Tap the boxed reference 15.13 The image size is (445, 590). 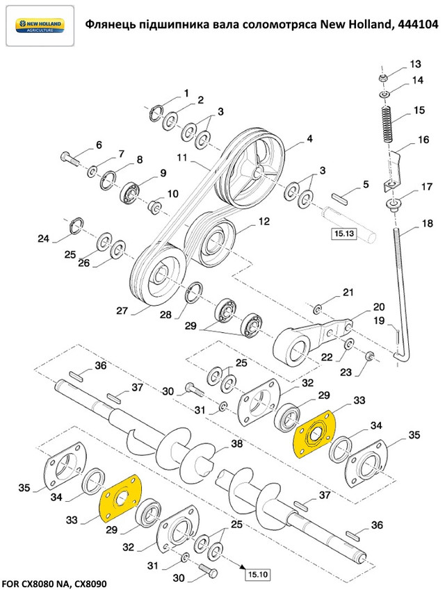pyautogui.click(x=343, y=233)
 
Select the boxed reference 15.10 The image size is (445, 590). pyautogui.click(x=256, y=574)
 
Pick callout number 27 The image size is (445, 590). pyautogui.click(x=122, y=311)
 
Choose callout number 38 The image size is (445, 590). pyautogui.click(x=237, y=443)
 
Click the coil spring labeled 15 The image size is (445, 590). pyautogui.click(x=386, y=125)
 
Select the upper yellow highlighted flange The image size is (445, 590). pyautogui.click(x=314, y=434)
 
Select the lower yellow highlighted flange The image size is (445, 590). pyautogui.click(x=122, y=498)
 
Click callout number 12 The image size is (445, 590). pyautogui.click(x=264, y=222)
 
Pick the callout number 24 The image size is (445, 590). pyautogui.click(x=44, y=239)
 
